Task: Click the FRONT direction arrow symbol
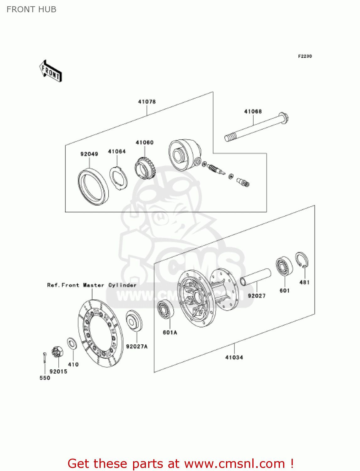click(50, 71)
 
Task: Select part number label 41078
click(147, 102)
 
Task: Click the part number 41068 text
click(253, 111)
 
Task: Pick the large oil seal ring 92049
click(93, 187)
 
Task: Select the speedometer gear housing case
click(184, 155)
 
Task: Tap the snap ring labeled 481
click(302, 260)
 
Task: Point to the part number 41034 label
click(234, 357)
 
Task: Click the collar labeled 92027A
click(134, 321)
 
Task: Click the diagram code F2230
click(305, 56)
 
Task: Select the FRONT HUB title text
click(31, 9)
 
